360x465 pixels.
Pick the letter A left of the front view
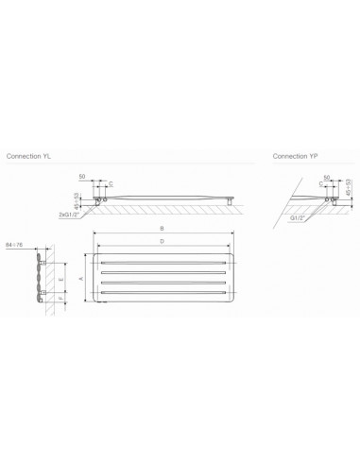point(80,279)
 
